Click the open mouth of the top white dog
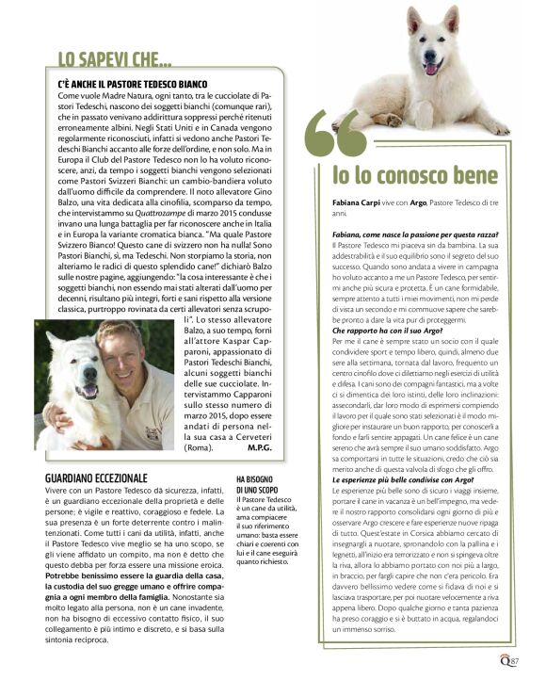[x=432, y=68]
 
